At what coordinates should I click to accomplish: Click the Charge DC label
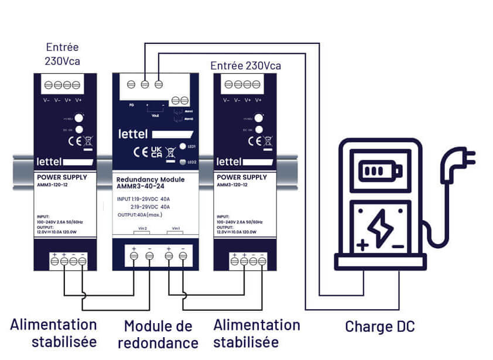pos(379,326)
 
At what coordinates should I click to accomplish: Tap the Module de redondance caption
pos(158,334)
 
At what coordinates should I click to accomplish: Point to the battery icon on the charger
pos(381,171)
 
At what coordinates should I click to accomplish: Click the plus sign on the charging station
pos(362,245)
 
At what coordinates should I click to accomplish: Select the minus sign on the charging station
pos(398,246)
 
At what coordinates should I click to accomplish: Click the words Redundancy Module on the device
pos(150,179)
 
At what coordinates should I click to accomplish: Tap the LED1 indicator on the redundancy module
pos(183,146)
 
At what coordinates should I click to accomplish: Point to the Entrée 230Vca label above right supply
pos(245,66)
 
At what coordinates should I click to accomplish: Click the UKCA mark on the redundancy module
pos(156,152)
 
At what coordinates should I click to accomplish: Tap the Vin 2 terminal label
pos(142,228)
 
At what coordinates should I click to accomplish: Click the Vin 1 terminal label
pos(175,228)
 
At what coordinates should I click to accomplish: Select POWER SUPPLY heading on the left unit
pos(61,177)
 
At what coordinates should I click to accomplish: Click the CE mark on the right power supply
pos(254,140)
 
